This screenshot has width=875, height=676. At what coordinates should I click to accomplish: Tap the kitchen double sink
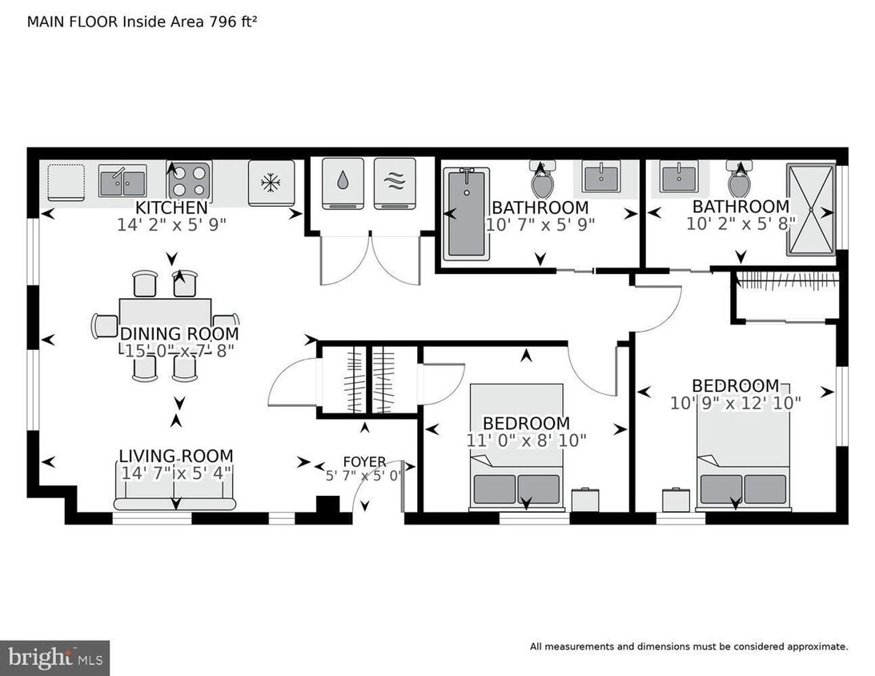pyautogui.click(x=122, y=181)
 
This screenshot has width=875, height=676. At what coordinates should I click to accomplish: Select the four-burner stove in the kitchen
pyautogui.click(x=188, y=180)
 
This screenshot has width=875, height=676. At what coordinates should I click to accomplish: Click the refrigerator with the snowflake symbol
pyautogui.click(x=271, y=183)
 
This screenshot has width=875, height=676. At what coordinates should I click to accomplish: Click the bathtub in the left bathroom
pyautogui.click(x=464, y=214)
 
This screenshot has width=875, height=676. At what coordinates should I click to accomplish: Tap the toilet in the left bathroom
pyautogui.click(x=542, y=181)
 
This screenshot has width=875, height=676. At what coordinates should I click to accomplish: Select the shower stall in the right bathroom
pyautogui.click(x=811, y=209)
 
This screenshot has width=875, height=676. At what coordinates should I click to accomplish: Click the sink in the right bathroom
pyautogui.click(x=679, y=175)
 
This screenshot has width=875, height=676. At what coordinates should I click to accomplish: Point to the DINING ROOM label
pyautogui.click(x=179, y=334)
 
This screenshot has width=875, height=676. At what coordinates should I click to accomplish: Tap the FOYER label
pyautogui.click(x=364, y=462)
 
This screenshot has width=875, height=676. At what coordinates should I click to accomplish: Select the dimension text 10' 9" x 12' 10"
pyautogui.click(x=736, y=403)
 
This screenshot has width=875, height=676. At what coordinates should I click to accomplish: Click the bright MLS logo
pyautogui.click(x=54, y=658)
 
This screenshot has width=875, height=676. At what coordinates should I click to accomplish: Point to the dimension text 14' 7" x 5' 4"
pyautogui.click(x=176, y=473)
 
